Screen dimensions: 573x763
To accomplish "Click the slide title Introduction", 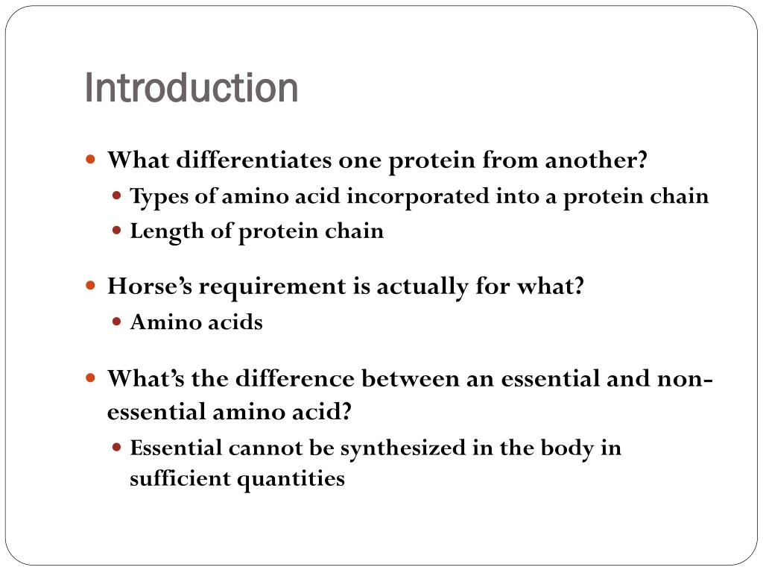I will pos(191,88).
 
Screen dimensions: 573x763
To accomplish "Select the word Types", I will pos(155,197).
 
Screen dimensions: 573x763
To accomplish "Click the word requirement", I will pos(271,286).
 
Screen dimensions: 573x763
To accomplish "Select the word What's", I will pos(146,378).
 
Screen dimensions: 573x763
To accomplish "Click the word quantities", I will pos(291,479).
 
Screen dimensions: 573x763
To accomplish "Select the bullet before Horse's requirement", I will pos(92,286).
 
